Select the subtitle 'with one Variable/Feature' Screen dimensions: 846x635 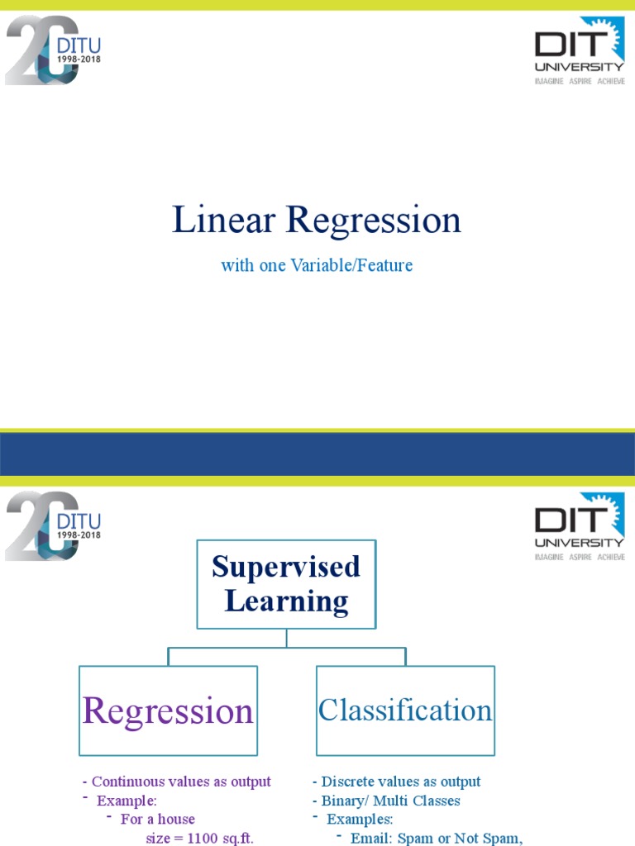[317, 265]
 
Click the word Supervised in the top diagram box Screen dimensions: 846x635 [286, 567]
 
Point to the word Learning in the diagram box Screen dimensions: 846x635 [286, 601]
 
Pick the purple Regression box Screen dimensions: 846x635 [168, 711]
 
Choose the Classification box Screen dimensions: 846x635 [405, 711]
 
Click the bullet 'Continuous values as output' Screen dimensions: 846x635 [180, 782]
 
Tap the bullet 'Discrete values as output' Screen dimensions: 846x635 [400, 782]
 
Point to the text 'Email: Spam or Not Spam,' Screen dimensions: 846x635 [437, 839]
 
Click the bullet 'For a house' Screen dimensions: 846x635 [157, 820]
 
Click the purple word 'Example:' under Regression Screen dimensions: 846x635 [127, 801]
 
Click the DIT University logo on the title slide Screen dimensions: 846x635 [579, 51]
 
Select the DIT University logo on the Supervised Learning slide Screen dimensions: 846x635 [579, 526]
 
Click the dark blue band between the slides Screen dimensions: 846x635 [317, 454]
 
